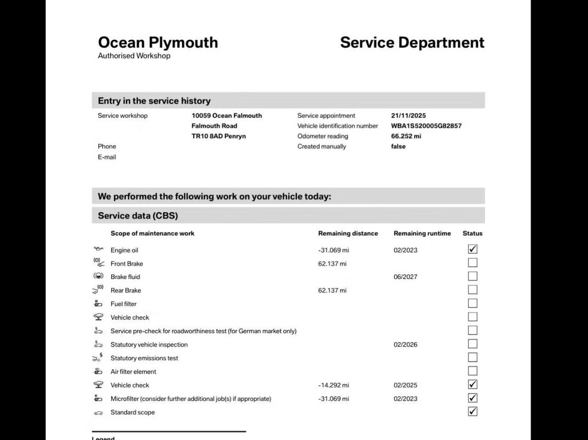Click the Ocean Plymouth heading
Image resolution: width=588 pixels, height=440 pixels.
[x=158, y=43]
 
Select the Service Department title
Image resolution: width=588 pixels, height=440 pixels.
[x=412, y=43]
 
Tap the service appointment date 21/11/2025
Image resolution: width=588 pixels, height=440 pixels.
[x=408, y=116]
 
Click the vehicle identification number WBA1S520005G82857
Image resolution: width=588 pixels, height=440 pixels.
[x=426, y=126]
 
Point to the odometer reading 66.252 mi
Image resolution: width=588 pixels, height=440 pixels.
[x=406, y=136]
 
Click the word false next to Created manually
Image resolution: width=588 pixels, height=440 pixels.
[x=398, y=147]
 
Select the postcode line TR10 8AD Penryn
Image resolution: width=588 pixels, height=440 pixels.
[x=219, y=136]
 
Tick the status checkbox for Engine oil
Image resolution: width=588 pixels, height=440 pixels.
[x=472, y=249]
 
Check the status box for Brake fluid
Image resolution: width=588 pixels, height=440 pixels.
[x=472, y=276]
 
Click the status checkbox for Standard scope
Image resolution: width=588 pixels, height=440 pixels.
[x=472, y=411]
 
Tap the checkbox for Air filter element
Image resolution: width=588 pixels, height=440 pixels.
[x=472, y=371]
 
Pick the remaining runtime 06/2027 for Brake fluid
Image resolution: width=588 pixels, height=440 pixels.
[x=405, y=277]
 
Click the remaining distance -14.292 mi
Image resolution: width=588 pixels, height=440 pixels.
[x=333, y=385]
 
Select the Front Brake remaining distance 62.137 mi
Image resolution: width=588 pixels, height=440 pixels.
[x=332, y=264]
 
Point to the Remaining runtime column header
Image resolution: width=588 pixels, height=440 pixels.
[x=422, y=233]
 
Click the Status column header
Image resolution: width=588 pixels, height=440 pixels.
[x=472, y=233]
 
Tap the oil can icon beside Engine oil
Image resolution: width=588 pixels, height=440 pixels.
[x=98, y=249]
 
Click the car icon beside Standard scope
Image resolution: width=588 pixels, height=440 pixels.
[x=98, y=413]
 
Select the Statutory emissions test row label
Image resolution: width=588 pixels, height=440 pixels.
[x=144, y=358]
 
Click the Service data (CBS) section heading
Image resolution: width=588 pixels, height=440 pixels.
[x=138, y=216]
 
